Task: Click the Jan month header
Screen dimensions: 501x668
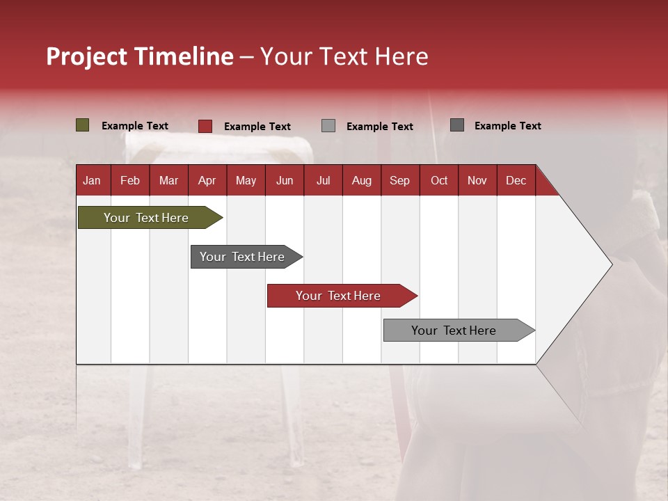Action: pos(92,180)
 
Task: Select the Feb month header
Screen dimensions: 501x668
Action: pos(130,180)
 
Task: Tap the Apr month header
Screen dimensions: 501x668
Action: pos(207,180)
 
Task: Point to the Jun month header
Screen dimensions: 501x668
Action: pos(285,180)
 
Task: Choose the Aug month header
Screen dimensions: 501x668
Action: pos(361,180)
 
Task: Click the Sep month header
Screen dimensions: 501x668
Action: pos(399,180)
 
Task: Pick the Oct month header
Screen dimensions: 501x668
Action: pos(439,180)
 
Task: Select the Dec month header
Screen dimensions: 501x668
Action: pos(516,180)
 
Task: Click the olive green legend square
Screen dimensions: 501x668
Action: pos(83,125)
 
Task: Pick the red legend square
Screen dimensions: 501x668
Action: pos(205,126)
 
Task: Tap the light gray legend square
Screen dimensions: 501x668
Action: pos(328,126)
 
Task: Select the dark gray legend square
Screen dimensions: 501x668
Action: pos(457,125)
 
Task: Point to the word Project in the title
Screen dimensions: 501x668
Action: pos(86,56)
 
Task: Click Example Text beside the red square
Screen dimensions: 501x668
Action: pos(257,127)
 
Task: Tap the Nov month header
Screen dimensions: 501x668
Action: pos(477,180)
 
